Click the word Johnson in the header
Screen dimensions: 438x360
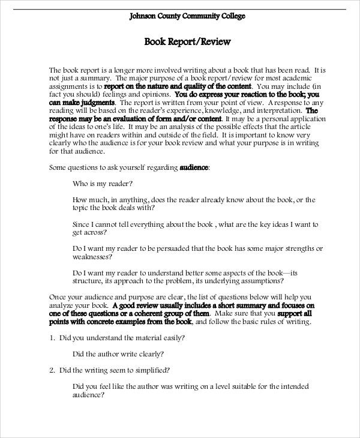pyautogui.click(x=143, y=16)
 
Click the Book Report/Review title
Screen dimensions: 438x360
pyautogui.click(x=187, y=42)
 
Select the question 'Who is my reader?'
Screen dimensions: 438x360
pyautogui.click(x=102, y=183)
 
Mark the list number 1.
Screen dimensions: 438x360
pyautogui.click(x=52, y=338)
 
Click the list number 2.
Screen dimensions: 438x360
pyautogui.click(x=52, y=370)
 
